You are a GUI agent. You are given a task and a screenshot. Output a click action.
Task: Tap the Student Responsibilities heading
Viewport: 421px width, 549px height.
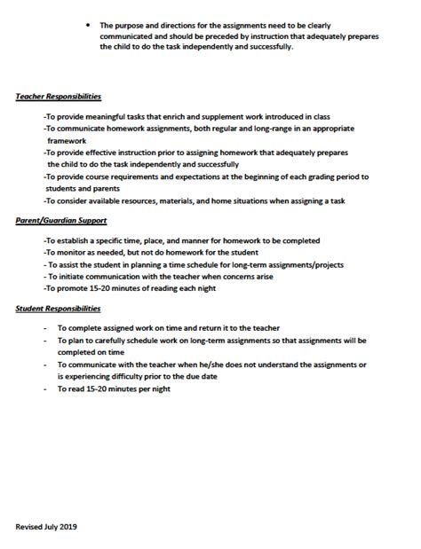(58, 309)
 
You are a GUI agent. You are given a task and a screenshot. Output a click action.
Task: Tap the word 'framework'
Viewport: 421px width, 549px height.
(70, 140)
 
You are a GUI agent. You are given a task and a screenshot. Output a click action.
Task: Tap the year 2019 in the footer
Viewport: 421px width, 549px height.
(68, 526)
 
